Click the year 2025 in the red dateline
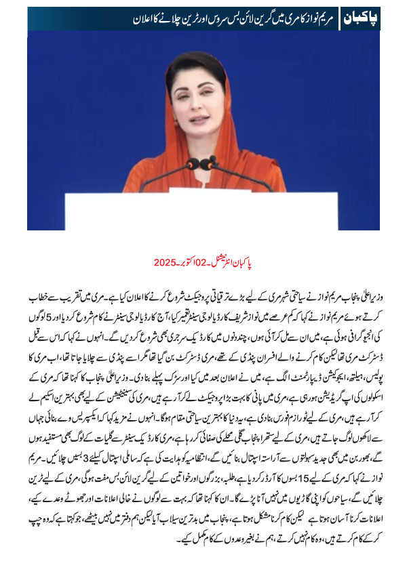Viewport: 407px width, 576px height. pyautogui.click(x=166, y=261)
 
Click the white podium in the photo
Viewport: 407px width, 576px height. pyautogui.click(x=203, y=210)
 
